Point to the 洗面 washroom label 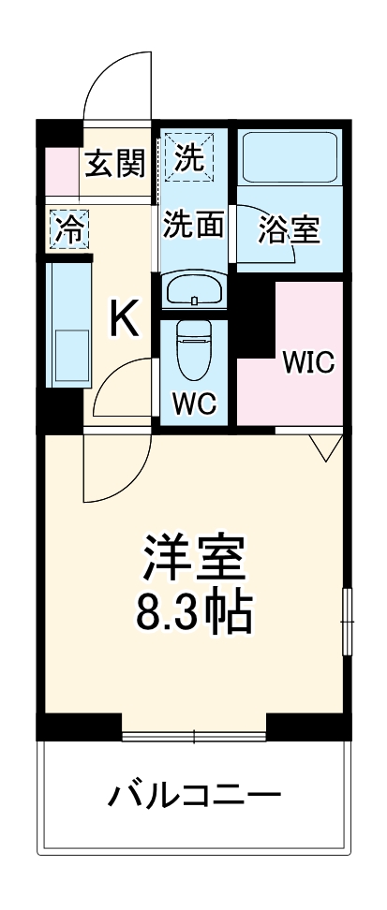tap(194, 225)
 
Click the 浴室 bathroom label tap(288, 228)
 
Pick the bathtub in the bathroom tap(290, 156)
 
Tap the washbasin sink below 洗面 tap(194, 291)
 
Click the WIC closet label tap(307, 361)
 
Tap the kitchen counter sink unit tap(68, 323)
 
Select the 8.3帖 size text tap(193, 613)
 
